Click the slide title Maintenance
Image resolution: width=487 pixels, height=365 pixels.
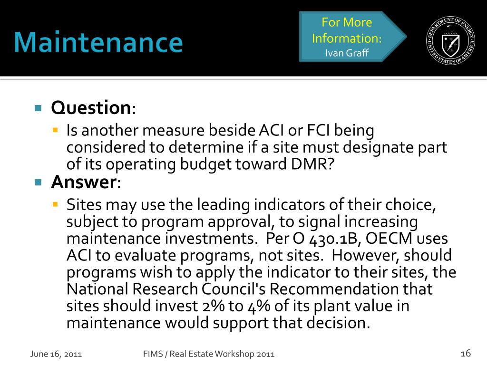pyautogui.click(x=98, y=43)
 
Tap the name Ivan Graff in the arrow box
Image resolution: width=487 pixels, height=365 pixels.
pyautogui.click(x=347, y=53)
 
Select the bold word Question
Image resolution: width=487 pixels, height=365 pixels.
pyautogui.click(x=90, y=108)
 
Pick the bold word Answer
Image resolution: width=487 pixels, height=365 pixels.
pyautogui.click(x=83, y=182)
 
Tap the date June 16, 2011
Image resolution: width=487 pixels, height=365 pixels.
pyautogui.click(x=56, y=354)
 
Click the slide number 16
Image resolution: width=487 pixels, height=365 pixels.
pyautogui.click(x=466, y=353)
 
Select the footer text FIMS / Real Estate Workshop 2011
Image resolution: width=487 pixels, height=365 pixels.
pyautogui.click(x=209, y=354)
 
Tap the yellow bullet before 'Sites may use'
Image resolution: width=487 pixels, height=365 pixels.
pyautogui.click(x=55, y=205)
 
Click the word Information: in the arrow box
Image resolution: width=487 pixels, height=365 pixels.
pyautogui.click(x=347, y=38)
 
